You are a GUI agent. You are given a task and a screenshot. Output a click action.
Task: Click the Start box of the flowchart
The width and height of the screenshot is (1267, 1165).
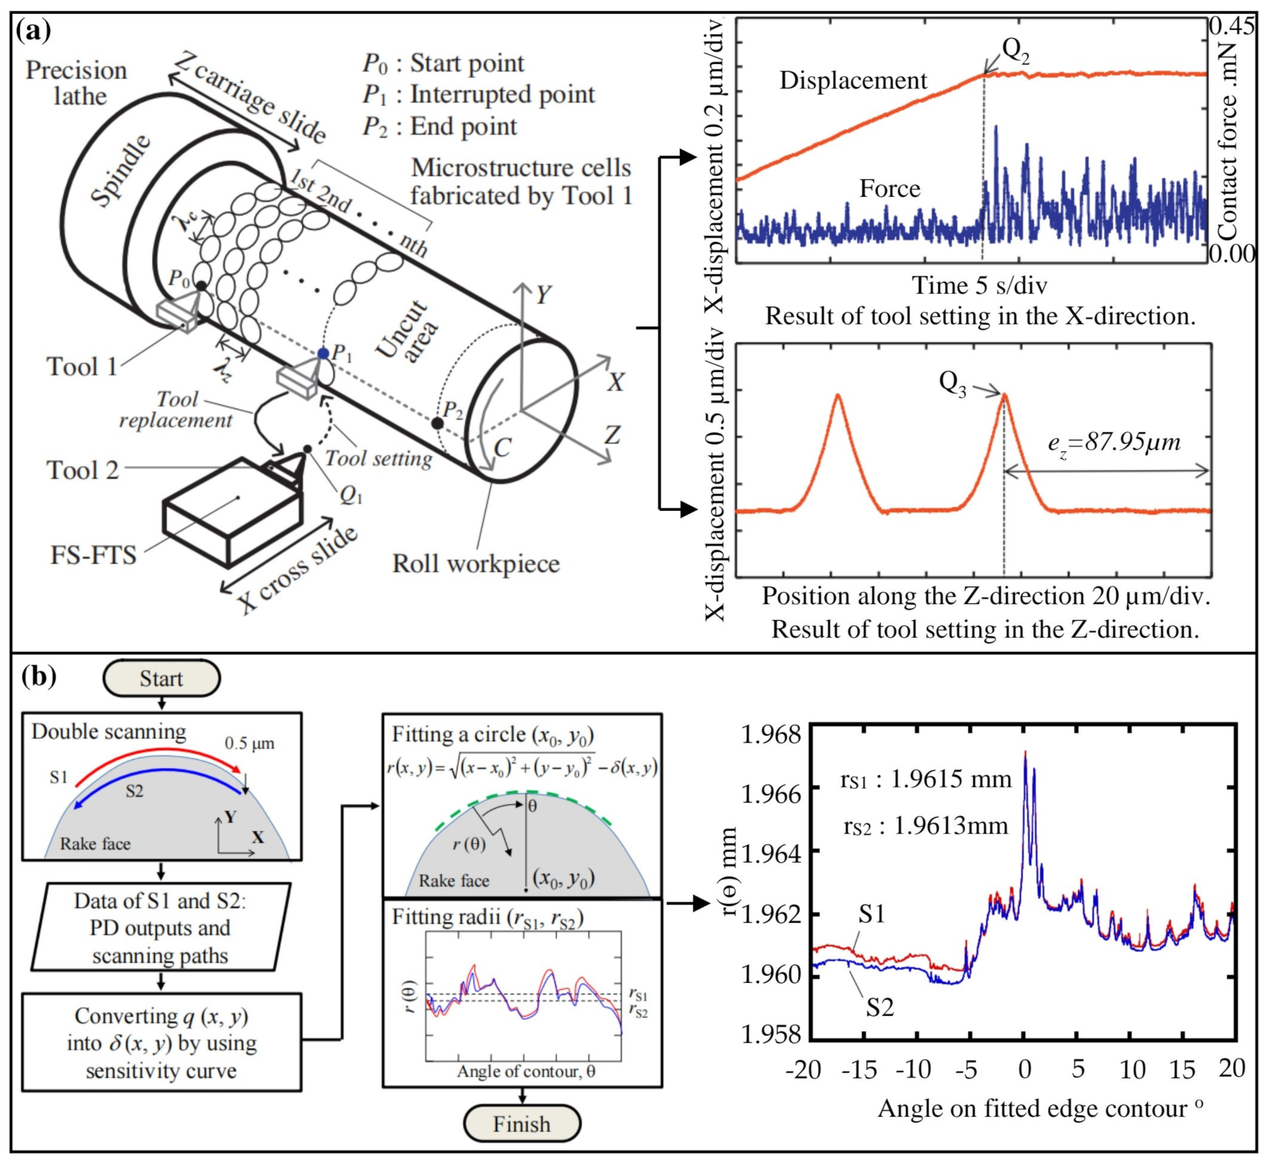pyautogui.click(x=161, y=679)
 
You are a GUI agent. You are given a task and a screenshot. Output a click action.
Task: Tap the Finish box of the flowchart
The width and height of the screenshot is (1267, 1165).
pyautogui.click(x=522, y=1124)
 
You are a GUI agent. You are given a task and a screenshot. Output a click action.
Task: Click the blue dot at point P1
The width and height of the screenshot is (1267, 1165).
pyautogui.click(x=324, y=354)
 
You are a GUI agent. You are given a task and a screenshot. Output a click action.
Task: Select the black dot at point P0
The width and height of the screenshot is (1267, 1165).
pyautogui.click(x=201, y=286)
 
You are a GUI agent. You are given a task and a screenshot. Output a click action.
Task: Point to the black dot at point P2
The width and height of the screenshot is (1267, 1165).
pyautogui.click(x=436, y=423)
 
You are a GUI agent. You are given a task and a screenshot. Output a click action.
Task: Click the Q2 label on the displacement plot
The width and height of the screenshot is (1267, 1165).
pyautogui.click(x=1015, y=50)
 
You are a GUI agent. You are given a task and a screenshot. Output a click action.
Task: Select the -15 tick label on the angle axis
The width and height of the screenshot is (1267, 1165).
pyautogui.click(x=859, y=1070)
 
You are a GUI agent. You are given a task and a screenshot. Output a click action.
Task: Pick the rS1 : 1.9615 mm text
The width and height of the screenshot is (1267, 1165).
pyautogui.click(x=926, y=780)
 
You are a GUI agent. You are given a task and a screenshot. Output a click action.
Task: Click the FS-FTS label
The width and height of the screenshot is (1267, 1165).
pyautogui.click(x=93, y=555)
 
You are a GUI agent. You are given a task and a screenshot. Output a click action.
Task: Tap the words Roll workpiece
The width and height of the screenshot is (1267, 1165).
pyautogui.click(x=476, y=564)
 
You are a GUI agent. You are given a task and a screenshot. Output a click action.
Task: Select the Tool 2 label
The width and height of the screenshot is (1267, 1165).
pyautogui.click(x=83, y=470)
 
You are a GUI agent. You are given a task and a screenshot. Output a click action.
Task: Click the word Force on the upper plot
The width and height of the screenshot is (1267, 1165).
pyautogui.click(x=890, y=189)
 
